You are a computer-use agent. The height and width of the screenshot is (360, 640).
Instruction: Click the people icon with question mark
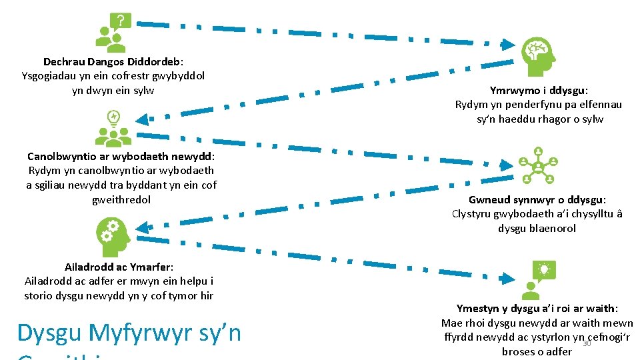[113, 33]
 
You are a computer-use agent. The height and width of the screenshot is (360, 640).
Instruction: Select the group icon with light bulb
[113, 129]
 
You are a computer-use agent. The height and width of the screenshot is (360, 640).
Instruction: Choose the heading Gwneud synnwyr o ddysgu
[537, 199]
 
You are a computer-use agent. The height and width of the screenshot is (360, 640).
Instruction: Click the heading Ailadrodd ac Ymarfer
[119, 267]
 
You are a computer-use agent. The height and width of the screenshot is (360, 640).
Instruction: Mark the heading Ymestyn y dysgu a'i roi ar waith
[537, 308]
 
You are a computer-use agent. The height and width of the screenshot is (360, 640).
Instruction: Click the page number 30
[587, 343]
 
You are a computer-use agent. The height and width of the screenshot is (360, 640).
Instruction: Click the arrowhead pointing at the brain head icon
[507, 46]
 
